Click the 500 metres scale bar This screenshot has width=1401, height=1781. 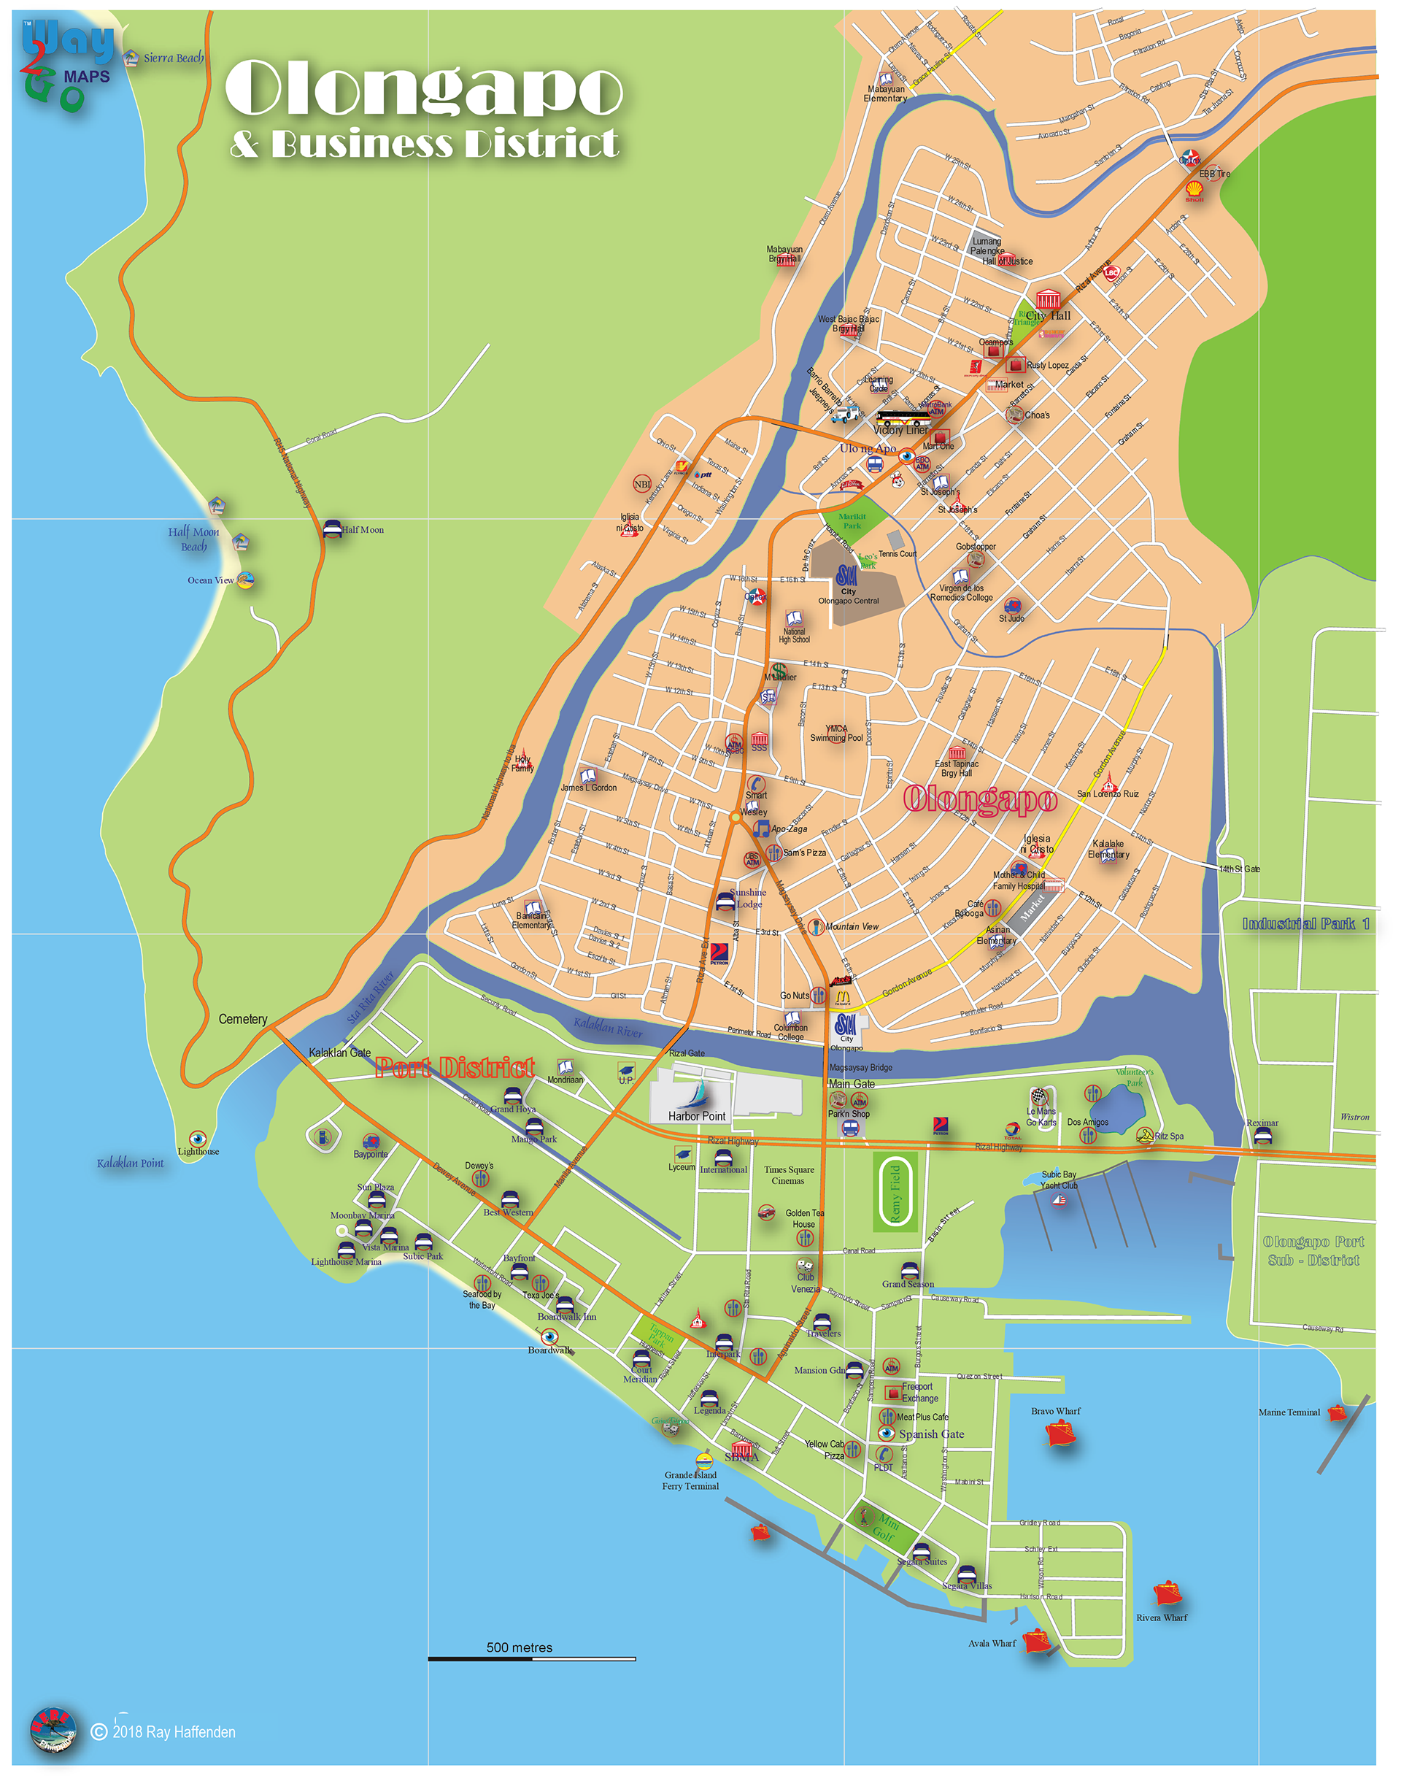pyautogui.click(x=531, y=1659)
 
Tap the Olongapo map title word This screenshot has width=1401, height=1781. pyautogui.click(x=423, y=88)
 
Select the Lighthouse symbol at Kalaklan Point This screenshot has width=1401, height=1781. pyautogui.click(x=197, y=1139)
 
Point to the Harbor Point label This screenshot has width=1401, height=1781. pyautogui.click(x=696, y=1116)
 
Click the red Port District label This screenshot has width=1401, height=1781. pyautogui.click(x=455, y=1067)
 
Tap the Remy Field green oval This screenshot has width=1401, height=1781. pyautogui.click(x=895, y=1191)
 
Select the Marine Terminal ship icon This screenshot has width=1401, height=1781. pyautogui.click(x=1337, y=1413)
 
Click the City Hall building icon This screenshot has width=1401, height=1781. pyautogui.click(x=1048, y=299)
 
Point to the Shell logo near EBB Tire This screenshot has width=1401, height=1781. pyautogui.click(x=1194, y=191)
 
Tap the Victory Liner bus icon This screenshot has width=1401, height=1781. pyautogui.click(x=900, y=418)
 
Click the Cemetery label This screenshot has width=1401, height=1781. pyautogui.click(x=243, y=1019)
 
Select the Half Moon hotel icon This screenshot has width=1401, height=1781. pyautogui.click(x=332, y=528)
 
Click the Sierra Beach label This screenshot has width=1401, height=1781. pyautogui.click(x=173, y=58)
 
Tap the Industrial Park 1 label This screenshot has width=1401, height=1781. pyautogui.click(x=1305, y=924)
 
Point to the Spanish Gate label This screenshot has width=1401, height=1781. pyautogui.click(x=931, y=1434)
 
